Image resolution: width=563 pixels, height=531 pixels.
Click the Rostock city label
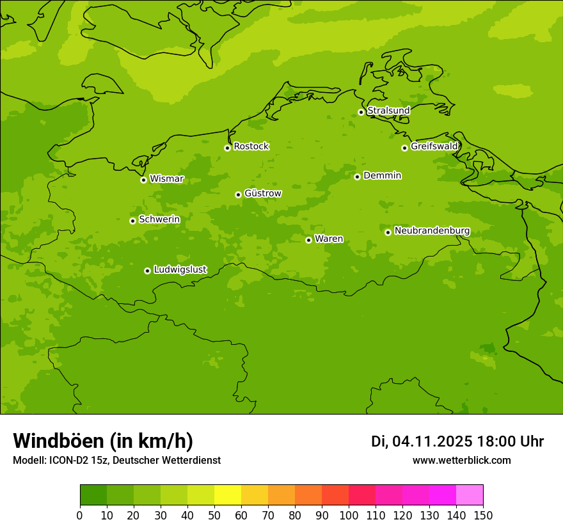[251, 147]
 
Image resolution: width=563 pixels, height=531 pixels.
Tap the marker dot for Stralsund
[361, 112]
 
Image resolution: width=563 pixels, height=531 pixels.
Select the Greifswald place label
[434, 147]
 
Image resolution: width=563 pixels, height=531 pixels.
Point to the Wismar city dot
[143, 180]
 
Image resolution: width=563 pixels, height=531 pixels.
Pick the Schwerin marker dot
[132, 221]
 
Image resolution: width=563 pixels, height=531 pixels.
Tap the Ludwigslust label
[180, 269]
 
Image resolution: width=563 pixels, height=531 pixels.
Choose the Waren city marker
[308, 240]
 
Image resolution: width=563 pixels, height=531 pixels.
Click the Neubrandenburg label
[432, 231]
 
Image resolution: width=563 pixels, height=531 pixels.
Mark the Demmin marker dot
[357, 177]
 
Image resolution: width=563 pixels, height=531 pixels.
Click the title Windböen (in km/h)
[102, 441]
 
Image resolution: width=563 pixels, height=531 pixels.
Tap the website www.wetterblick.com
[461, 460]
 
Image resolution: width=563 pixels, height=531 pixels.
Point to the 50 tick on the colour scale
[214, 516]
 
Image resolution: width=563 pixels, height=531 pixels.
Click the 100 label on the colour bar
[349, 516]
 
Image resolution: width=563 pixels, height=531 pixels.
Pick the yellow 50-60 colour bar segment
[228, 495]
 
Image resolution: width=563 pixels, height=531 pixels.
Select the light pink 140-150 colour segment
[470, 495]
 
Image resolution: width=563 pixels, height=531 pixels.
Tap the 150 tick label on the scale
[482, 516]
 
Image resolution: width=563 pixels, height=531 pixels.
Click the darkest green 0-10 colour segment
[93, 495]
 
